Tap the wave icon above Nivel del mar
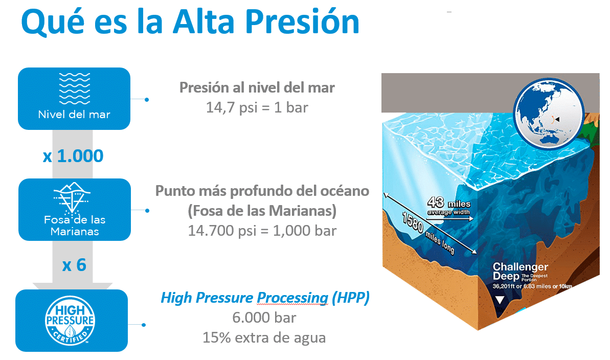click(74, 88)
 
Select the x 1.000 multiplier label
click(73, 156)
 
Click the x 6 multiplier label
click(74, 265)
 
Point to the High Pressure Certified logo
click(70, 321)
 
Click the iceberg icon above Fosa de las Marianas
click(72, 198)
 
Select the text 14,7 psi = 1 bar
click(257, 107)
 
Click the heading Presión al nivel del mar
click(257, 87)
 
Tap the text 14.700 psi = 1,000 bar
click(262, 231)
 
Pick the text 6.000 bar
click(264, 318)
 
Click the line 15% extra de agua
click(264, 337)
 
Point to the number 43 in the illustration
click(435, 202)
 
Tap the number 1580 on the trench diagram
click(412, 222)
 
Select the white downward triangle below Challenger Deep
click(500, 300)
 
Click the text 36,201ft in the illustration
click(504, 286)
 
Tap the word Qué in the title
click(53, 22)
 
